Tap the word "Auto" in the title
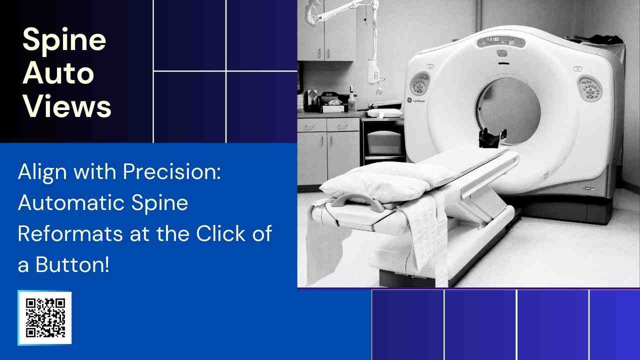(58, 73)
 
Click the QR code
(45, 318)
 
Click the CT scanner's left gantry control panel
(420, 83)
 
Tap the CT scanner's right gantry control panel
(590, 89)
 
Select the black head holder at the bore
(492, 137)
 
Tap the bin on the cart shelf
(384, 142)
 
